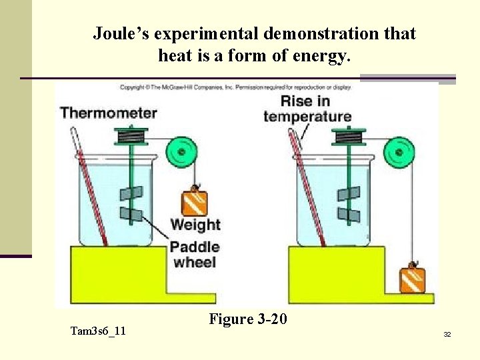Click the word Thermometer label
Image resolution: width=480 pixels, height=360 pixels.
pos(108,112)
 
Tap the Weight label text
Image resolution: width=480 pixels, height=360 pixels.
pos(195,225)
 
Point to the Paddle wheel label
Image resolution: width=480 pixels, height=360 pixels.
pos(195,254)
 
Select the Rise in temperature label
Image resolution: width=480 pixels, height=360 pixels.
pos(307,109)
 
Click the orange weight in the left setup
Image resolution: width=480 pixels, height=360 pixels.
pos(194,203)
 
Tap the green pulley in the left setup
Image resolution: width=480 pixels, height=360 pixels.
pos(181,152)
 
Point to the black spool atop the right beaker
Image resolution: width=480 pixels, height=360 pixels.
pos(349,137)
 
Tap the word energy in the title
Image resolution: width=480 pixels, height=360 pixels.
pos(325,56)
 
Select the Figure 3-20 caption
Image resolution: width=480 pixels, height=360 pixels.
pos(248,319)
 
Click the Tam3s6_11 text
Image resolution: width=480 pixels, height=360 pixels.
pos(98,331)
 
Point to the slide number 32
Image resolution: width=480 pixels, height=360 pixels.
pos(447,334)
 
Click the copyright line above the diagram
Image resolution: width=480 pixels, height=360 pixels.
pos(243,87)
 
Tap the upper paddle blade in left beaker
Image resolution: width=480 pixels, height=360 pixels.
pos(131,195)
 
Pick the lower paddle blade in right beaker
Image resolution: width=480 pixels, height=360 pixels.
pos(349,215)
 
